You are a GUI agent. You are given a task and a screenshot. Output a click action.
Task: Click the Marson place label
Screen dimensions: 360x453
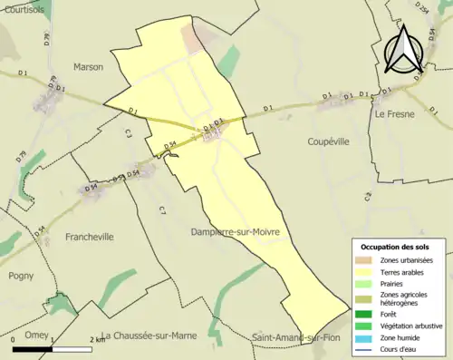88,67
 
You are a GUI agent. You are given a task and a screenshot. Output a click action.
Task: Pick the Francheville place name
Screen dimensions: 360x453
90,237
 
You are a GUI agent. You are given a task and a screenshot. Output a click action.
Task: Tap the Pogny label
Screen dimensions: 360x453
21,276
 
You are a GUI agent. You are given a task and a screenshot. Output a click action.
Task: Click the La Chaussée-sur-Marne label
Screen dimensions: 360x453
159,336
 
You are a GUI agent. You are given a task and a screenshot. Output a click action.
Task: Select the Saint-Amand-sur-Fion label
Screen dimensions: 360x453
300,337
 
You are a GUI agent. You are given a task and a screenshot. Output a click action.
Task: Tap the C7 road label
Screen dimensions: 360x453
162,210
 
